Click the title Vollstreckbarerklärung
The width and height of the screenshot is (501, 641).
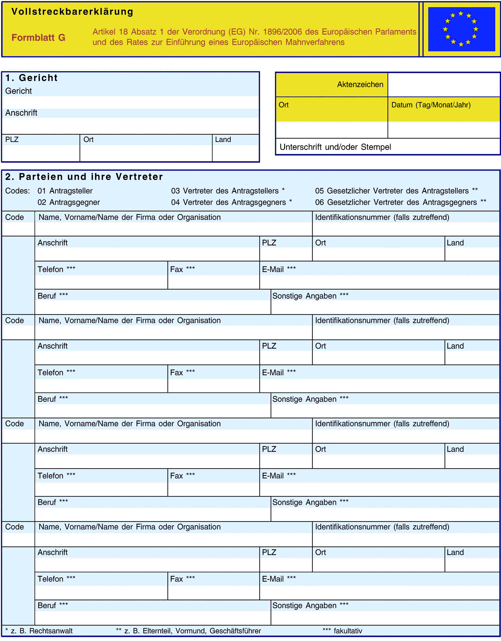point(72,12)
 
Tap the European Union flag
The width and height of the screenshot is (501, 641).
point(461,29)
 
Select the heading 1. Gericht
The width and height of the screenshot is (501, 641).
point(31,78)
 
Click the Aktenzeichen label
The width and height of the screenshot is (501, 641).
point(360,85)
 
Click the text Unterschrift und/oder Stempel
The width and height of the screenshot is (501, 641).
point(335,147)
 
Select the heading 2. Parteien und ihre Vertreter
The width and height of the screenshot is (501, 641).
point(84,177)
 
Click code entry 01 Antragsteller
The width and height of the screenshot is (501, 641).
point(65,191)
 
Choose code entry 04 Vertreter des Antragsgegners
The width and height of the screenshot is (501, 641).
point(231,202)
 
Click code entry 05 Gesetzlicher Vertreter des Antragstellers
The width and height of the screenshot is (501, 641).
point(396,191)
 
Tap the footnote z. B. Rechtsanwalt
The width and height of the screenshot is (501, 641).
point(39,631)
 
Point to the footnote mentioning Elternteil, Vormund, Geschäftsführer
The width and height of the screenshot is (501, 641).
point(188,631)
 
